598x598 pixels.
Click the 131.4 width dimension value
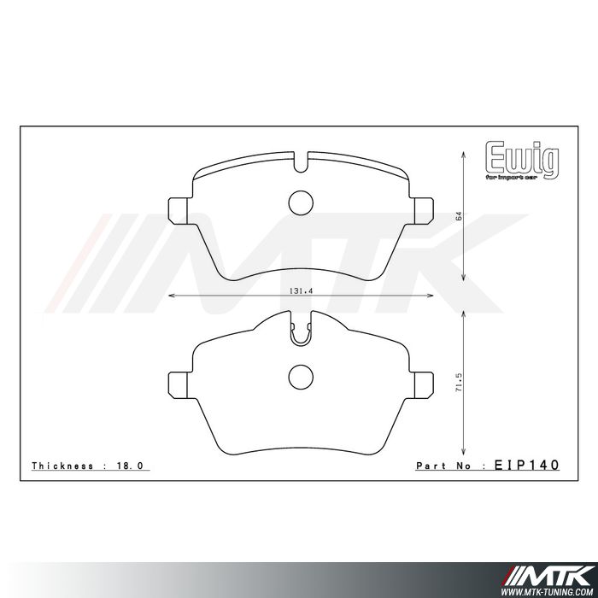pos(301,290)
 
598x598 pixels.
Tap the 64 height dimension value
pos(459,216)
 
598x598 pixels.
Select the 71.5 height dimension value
pos(459,383)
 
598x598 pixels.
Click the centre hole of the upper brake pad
pos(301,202)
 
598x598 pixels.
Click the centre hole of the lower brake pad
pos(301,378)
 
